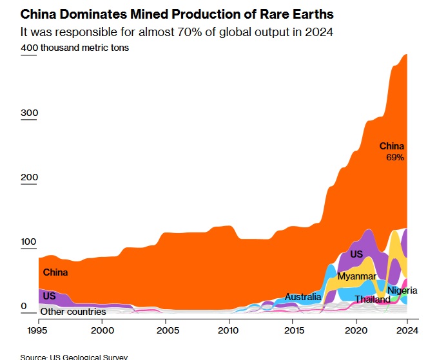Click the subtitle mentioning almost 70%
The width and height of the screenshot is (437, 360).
click(x=177, y=32)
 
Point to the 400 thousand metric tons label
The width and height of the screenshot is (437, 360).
click(x=75, y=48)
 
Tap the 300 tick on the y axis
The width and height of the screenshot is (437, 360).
click(x=30, y=113)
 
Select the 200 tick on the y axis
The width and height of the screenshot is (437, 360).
click(x=30, y=178)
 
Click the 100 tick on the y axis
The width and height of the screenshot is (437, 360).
click(x=30, y=243)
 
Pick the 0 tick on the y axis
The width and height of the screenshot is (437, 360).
click(x=24, y=307)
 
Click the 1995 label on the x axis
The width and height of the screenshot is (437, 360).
click(x=39, y=330)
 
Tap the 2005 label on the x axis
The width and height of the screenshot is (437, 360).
click(x=166, y=330)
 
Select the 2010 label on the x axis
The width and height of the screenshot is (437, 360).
click(x=229, y=330)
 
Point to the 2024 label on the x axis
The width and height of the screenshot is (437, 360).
click(x=406, y=330)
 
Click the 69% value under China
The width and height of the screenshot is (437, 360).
click(x=395, y=157)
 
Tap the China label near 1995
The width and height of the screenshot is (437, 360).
click(x=55, y=272)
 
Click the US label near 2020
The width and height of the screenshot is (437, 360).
click(x=356, y=254)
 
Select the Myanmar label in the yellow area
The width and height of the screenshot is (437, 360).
click(x=356, y=276)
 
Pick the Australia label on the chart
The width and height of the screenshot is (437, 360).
click(x=303, y=297)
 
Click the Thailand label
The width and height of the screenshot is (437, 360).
click(x=373, y=299)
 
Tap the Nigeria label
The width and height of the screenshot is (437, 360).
click(x=402, y=291)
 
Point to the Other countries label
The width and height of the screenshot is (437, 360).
click(x=73, y=312)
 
